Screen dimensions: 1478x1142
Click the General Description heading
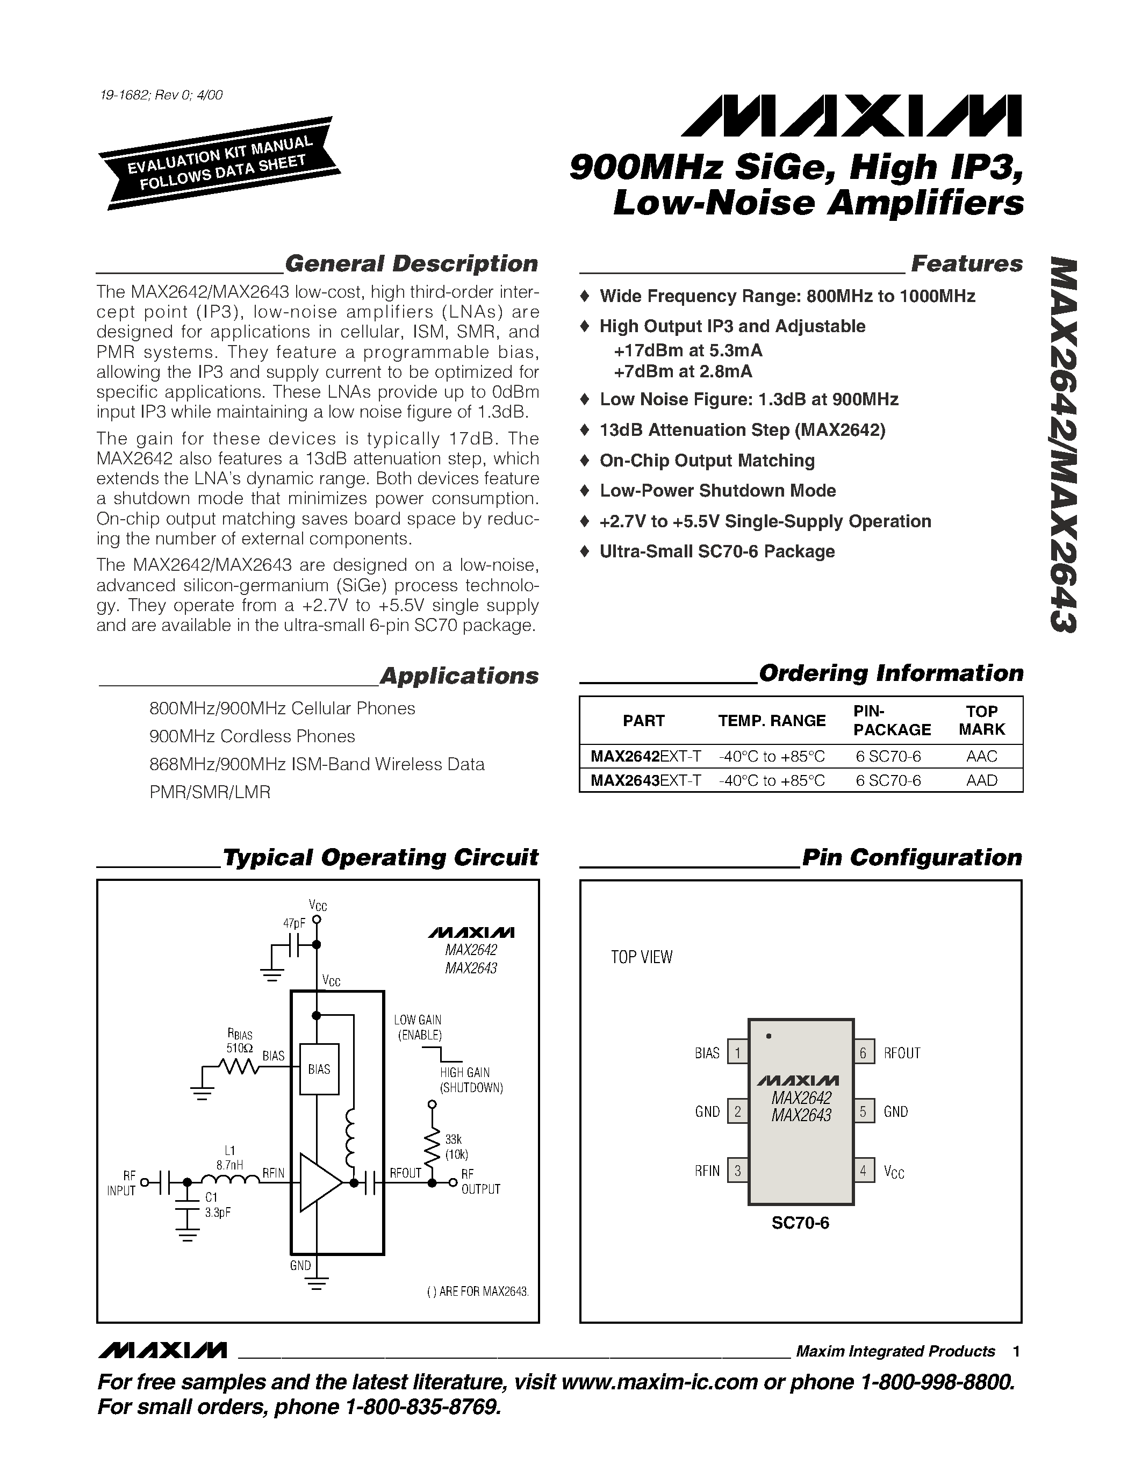coord(411,263)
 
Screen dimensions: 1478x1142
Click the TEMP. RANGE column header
coord(771,721)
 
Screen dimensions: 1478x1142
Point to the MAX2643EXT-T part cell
coord(645,780)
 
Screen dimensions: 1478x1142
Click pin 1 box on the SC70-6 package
coord(737,1053)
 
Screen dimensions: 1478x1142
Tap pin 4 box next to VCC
coord(863,1171)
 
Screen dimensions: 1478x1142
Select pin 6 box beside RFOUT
coord(863,1053)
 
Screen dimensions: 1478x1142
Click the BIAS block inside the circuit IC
coord(319,1069)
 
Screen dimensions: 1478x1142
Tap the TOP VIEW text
coord(641,957)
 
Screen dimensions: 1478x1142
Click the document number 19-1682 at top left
coord(160,95)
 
